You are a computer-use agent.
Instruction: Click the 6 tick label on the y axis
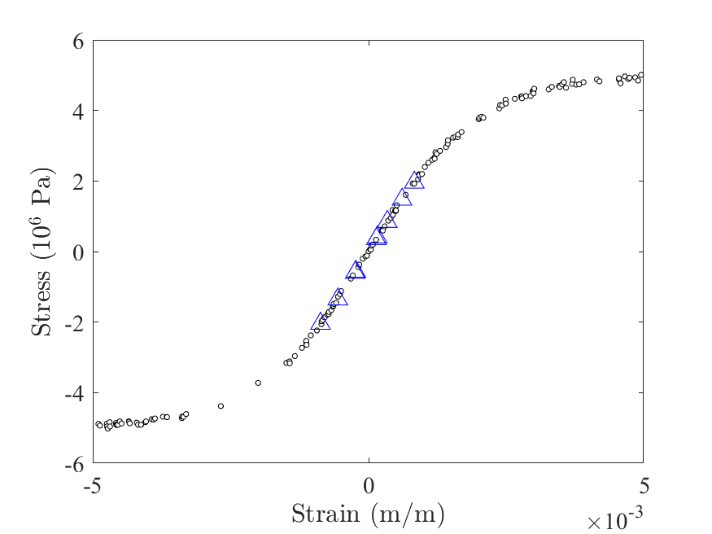pos(78,40)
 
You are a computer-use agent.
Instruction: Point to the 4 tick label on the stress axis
pos(78,111)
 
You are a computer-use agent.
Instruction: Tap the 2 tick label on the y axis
pos(78,181)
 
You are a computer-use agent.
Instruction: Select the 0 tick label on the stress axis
pos(78,252)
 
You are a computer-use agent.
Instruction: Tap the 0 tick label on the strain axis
pos(369,485)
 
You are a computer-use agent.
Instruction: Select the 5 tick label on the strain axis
pos(643,485)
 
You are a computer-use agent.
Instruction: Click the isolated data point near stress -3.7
pos(258,383)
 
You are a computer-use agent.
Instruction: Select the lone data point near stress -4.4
pos(221,405)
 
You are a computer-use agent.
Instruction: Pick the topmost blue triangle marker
pos(415,182)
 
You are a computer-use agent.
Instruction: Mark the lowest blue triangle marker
pos(321,322)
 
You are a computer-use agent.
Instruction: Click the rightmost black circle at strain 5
pos(641,75)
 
